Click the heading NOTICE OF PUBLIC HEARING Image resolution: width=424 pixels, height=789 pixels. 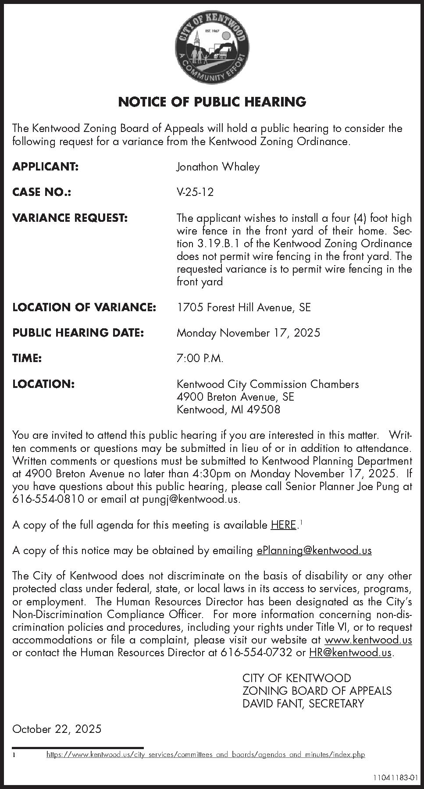212,102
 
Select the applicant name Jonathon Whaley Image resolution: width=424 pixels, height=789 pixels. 218,167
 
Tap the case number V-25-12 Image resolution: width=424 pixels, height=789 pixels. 195,192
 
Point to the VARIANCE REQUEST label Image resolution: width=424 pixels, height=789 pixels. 70,218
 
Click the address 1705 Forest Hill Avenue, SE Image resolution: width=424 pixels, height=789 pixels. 243,307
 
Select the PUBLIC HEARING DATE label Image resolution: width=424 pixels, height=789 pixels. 78,333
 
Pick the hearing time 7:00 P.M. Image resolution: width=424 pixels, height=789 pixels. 200,359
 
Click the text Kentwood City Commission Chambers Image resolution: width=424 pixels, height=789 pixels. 267,384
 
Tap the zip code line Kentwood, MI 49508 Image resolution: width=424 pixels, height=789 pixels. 228,410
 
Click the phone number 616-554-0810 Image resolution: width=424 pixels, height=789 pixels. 48,499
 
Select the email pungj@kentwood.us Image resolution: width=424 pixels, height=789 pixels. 191,499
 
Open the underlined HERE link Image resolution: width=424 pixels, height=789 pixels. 283,525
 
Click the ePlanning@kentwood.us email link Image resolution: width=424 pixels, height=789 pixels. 314,551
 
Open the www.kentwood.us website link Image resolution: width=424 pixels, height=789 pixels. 368,640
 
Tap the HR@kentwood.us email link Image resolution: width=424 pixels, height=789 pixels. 350,653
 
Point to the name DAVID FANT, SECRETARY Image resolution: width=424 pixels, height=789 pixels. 303,704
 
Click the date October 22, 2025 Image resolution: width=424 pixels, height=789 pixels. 57,729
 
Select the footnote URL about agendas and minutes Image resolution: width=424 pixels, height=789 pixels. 206,755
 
